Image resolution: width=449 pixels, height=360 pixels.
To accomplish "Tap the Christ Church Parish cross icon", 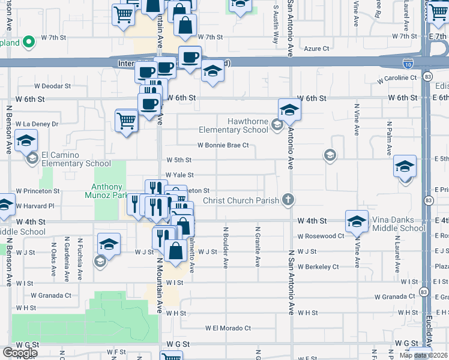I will coord(288,200).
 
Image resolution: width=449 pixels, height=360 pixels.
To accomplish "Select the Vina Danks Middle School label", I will coord(399,224).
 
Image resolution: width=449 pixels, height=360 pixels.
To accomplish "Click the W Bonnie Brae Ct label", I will coord(223,145).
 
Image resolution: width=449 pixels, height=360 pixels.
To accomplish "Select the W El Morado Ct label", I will coord(228,328).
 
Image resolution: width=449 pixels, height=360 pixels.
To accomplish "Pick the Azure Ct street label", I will coord(317,49).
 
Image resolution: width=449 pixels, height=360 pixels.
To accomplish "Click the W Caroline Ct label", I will coord(397,78).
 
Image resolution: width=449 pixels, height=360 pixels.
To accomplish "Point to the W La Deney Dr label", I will coord(37,124).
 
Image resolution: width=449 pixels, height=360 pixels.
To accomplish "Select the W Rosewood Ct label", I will coord(324,236).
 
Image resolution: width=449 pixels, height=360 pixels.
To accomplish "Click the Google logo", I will coord(20,352).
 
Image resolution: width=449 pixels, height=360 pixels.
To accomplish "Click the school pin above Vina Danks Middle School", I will coord(357,221).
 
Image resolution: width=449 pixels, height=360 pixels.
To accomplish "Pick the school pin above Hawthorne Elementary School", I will coord(289,109).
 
